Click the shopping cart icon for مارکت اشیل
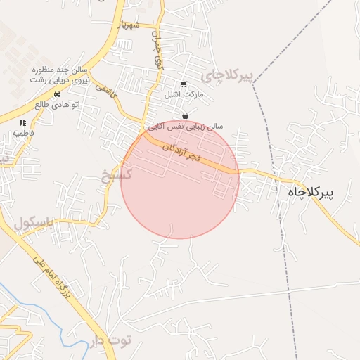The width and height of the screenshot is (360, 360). pyautogui.click(x=184, y=84)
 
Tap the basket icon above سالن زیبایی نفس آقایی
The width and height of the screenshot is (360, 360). pyautogui.click(x=185, y=116)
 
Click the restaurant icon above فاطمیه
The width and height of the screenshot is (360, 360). pyautogui.click(x=23, y=122)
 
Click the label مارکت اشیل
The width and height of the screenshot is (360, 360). pyautogui.click(x=184, y=94)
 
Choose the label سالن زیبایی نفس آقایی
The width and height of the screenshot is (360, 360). pyautogui.click(x=184, y=126)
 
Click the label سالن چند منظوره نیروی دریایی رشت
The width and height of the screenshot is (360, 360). pyautogui.click(x=58, y=75)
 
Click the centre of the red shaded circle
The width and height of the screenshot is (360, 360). pyautogui.click(x=180, y=180)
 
